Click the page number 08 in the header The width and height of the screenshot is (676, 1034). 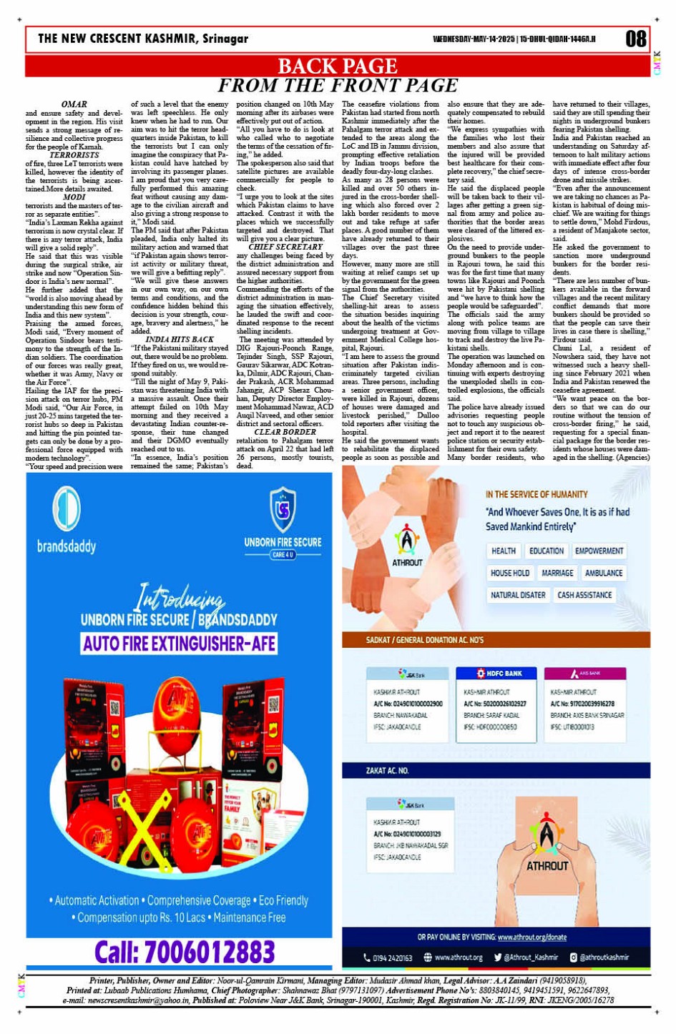[635, 39]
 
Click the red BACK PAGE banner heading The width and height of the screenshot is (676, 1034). [337, 66]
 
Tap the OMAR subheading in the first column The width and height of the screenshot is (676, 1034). [74, 104]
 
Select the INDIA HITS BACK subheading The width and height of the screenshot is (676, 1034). [180, 340]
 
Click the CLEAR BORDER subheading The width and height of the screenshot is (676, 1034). [285, 432]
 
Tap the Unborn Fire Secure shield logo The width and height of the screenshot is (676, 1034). [283, 508]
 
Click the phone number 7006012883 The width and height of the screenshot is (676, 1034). [185, 952]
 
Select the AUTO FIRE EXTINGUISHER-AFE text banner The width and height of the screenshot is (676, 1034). [180, 644]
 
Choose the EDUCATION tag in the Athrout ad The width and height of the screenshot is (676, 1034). [547, 551]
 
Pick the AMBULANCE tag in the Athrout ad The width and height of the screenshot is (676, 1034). [604, 573]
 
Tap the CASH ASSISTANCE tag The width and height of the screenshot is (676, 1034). [584, 595]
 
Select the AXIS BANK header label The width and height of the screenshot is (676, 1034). [585, 674]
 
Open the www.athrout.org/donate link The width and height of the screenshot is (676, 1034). [532, 937]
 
